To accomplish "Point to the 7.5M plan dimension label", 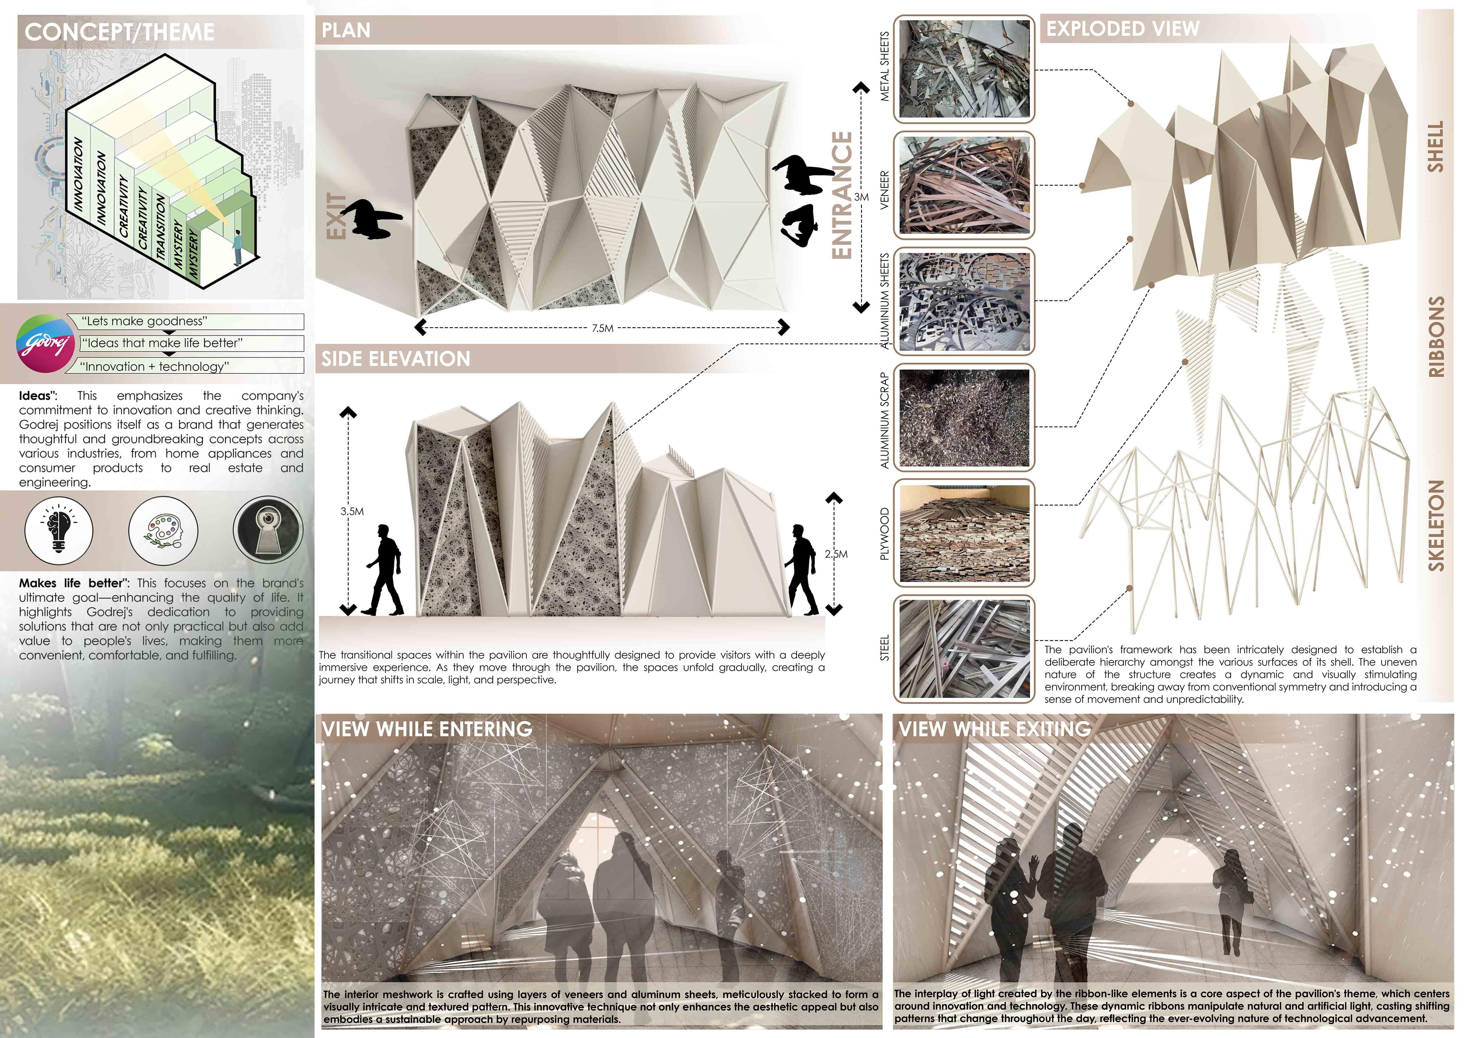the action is (x=602, y=328).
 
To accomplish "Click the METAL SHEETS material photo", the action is (x=964, y=69).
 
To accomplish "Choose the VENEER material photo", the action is (x=964, y=185).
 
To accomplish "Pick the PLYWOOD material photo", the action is (x=964, y=533).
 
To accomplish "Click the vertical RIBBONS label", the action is (x=1436, y=337).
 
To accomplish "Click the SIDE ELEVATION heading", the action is (x=396, y=359).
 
